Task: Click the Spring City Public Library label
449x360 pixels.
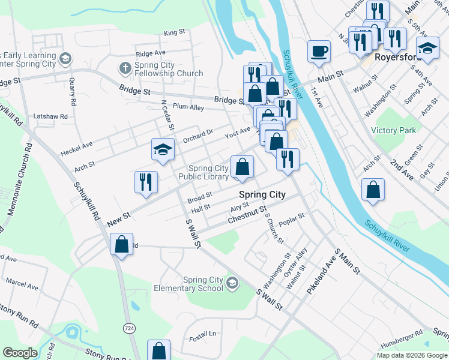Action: (x=208, y=172)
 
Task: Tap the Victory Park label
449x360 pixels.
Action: (x=394, y=130)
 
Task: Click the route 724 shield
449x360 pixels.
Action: (x=128, y=328)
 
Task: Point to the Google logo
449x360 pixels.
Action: (x=20, y=353)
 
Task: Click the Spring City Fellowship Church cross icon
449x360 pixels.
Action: (x=125, y=66)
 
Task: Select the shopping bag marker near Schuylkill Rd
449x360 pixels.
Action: (x=122, y=245)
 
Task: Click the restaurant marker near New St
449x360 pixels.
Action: (x=146, y=181)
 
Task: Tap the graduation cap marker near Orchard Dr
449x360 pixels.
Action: (x=162, y=150)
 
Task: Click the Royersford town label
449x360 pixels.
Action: (x=395, y=58)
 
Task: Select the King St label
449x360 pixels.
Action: (x=173, y=32)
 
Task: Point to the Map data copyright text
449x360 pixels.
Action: (x=412, y=355)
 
